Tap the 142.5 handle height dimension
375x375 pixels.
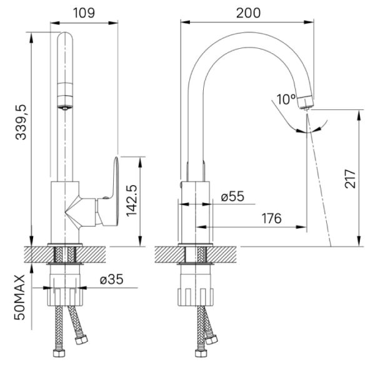pos(132,201)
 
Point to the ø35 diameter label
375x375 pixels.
pos(111,279)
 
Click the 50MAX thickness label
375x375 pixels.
pos(21,297)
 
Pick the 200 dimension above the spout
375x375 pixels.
pos(248,12)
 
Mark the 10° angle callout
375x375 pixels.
pos(286,99)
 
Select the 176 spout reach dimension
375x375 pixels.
pos(270,219)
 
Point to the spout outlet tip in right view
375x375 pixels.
pos(306,102)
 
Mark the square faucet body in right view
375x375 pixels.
pos(196,211)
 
